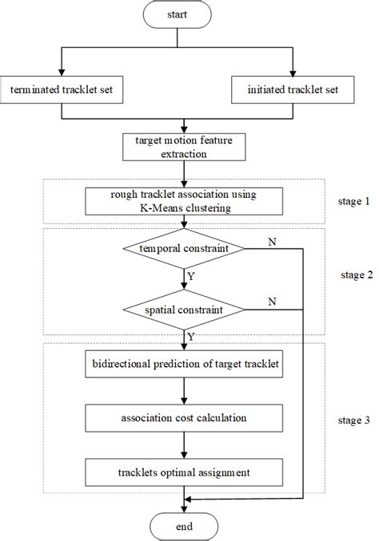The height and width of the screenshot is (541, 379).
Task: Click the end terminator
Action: pyautogui.click(x=185, y=526)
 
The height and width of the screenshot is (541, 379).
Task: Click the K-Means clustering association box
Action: pyautogui.click(x=185, y=202)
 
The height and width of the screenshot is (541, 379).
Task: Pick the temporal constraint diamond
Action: pyautogui.click(x=185, y=250)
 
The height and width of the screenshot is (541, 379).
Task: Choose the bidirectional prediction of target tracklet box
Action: pyautogui.click(x=185, y=365)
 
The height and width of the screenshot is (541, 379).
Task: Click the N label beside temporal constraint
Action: pyautogui.click(x=272, y=241)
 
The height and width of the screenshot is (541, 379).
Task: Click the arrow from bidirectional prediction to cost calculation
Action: pyautogui.click(x=185, y=390)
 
